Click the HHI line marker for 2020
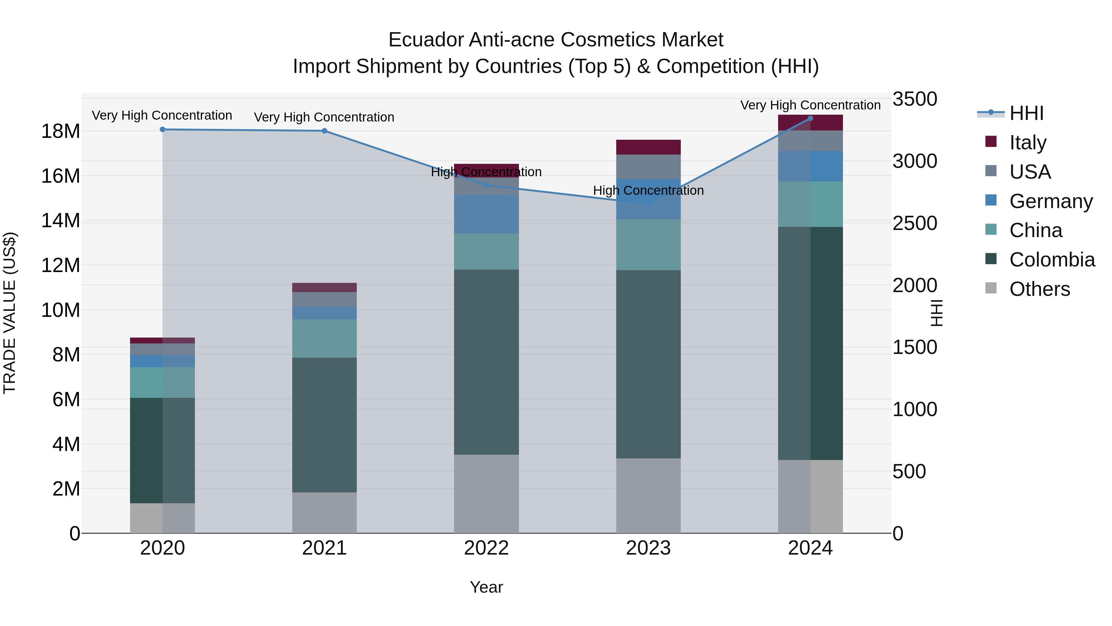click(162, 129)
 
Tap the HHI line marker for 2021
click(325, 131)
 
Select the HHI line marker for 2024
click(810, 118)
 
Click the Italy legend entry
click(1027, 143)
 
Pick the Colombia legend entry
click(1051, 260)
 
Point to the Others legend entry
click(1039, 289)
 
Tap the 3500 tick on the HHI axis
click(915, 99)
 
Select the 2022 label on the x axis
click(486, 548)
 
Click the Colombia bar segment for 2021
click(325, 425)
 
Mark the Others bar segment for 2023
click(648, 496)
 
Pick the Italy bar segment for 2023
click(648, 147)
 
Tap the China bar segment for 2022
click(486, 251)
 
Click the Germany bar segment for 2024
click(810, 166)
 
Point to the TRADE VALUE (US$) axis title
click(10, 313)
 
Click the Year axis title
click(486, 587)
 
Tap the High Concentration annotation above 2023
click(648, 190)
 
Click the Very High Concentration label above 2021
click(324, 117)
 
